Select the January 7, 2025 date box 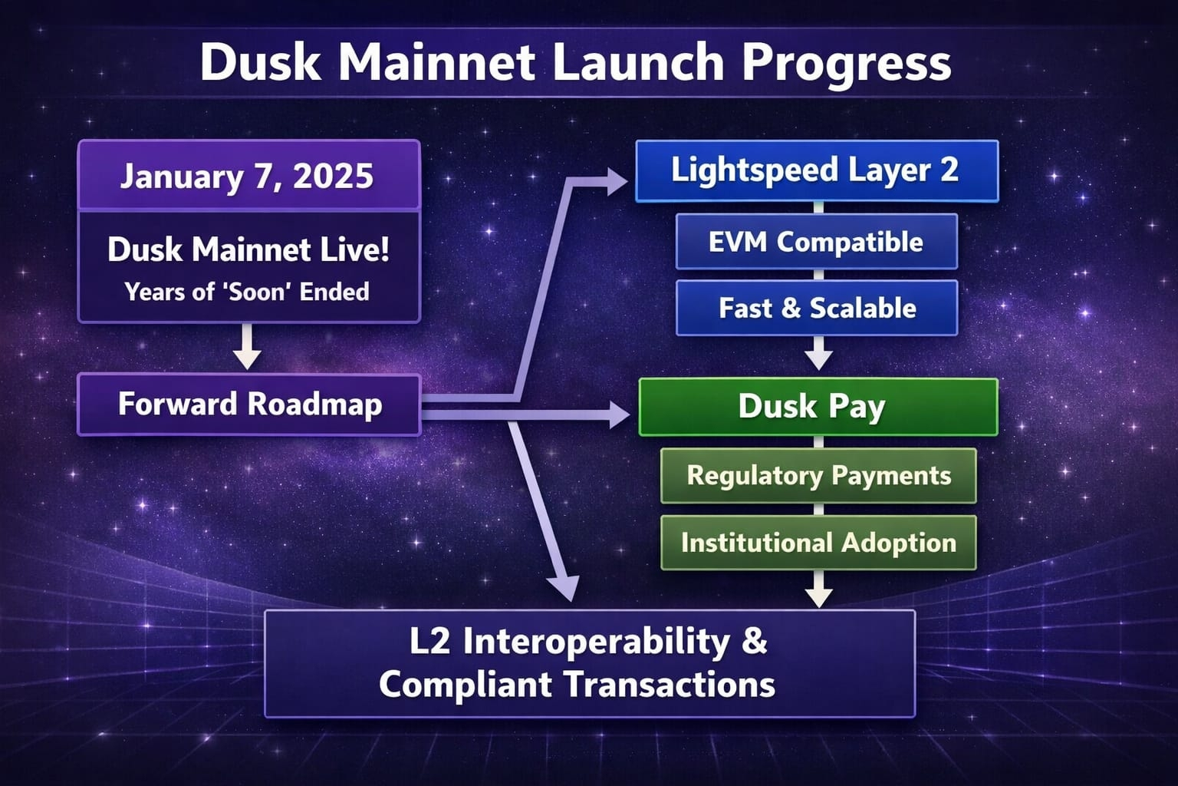pyautogui.click(x=248, y=175)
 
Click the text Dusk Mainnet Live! pyautogui.click(x=248, y=249)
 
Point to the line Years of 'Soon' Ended pyautogui.click(x=247, y=292)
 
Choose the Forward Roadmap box pyautogui.click(x=249, y=405)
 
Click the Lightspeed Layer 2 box pyautogui.click(x=817, y=171)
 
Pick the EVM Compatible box pyautogui.click(x=817, y=242)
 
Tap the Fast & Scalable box pyautogui.click(x=817, y=308)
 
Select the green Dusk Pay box pyautogui.click(x=818, y=407)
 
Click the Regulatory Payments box pyautogui.click(x=818, y=476)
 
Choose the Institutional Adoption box pyautogui.click(x=818, y=543)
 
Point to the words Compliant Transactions pyautogui.click(x=577, y=685)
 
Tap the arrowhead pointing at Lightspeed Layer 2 pyautogui.click(x=617, y=182)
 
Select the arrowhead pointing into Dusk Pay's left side pyautogui.click(x=620, y=414)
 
